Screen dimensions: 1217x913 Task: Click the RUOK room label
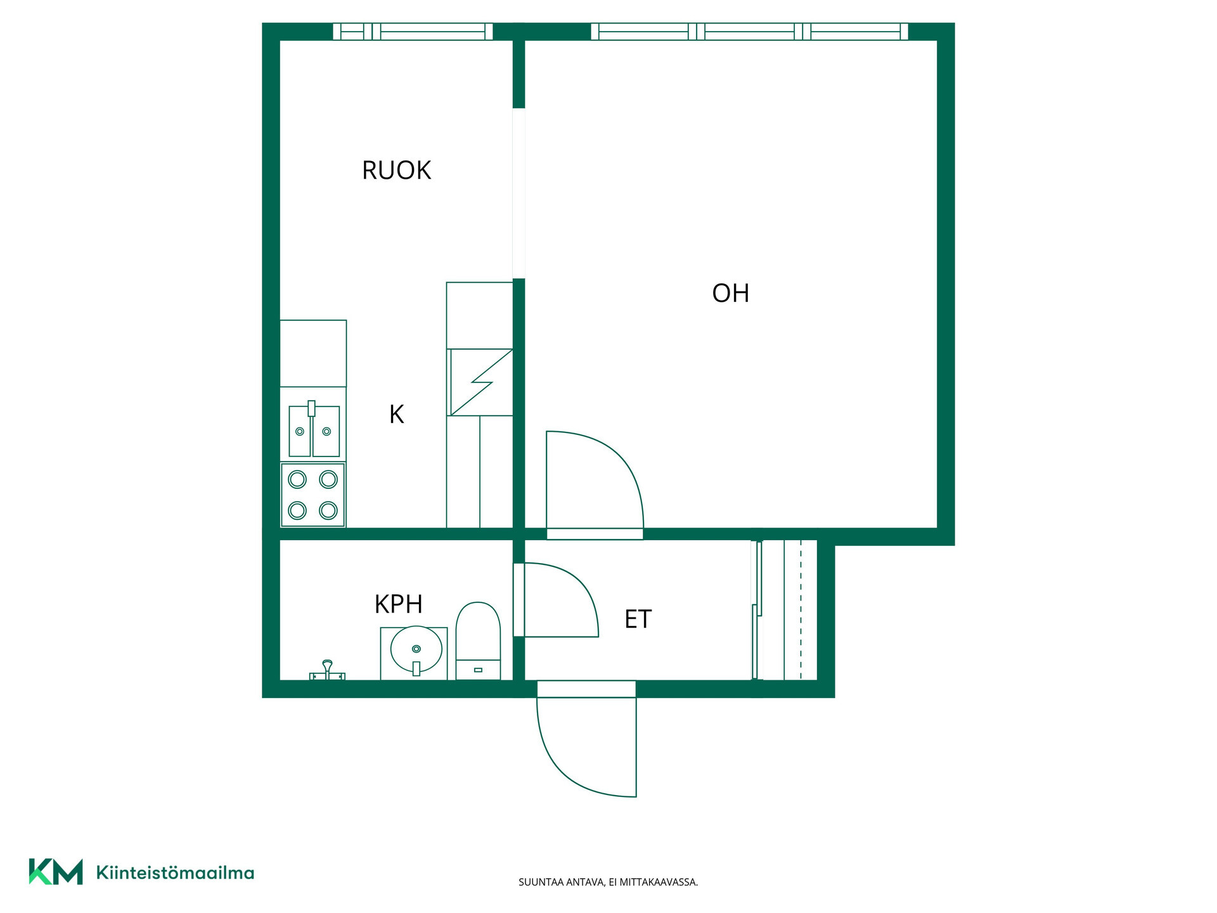point(396,170)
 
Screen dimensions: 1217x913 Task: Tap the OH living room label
point(730,293)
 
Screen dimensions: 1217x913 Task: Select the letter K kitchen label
point(396,414)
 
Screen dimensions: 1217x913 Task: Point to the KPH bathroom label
point(398,604)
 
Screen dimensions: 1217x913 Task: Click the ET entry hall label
point(638,619)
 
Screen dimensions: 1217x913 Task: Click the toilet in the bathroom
point(478,641)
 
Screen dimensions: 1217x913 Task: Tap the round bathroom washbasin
point(416,650)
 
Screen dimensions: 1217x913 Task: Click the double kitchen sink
point(314,430)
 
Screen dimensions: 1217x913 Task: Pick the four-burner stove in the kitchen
point(313,495)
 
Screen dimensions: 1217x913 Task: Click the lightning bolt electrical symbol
point(481,382)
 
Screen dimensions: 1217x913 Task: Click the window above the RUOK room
point(413,32)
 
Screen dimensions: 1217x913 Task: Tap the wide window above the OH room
point(749,32)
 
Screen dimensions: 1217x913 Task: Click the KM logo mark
point(56,872)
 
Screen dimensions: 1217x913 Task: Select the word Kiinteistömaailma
point(175,872)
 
